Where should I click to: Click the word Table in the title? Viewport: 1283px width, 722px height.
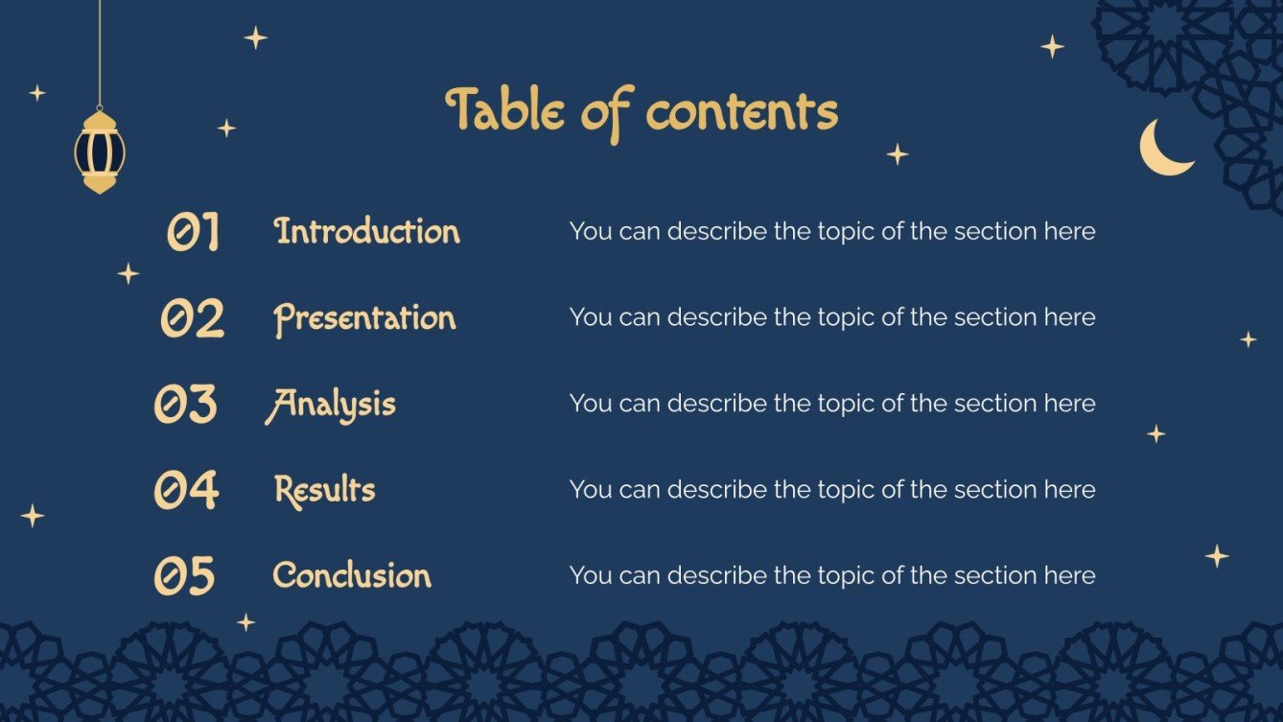click(505, 111)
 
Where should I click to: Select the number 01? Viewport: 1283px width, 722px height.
click(194, 232)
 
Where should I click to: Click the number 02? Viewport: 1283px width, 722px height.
click(192, 318)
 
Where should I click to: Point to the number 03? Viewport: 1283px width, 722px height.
click(186, 405)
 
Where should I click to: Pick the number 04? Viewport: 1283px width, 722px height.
click(186, 490)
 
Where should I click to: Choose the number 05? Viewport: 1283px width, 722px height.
click(185, 576)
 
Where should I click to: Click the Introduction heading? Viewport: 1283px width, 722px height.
click(367, 231)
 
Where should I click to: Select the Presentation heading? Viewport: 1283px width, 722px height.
click(364, 318)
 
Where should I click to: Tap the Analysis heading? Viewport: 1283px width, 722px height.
click(331, 405)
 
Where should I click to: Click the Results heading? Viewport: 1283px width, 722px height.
click(324, 490)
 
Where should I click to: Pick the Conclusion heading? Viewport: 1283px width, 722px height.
click(352, 575)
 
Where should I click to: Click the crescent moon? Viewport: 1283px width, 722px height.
click(1163, 149)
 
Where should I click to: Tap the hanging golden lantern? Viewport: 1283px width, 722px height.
click(100, 151)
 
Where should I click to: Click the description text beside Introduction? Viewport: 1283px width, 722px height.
click(831, 231)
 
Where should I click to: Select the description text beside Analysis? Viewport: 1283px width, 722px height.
click(831, 404)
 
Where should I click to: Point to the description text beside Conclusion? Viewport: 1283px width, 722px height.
click(831, 575)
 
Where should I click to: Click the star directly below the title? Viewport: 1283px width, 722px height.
click(897, 154)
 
